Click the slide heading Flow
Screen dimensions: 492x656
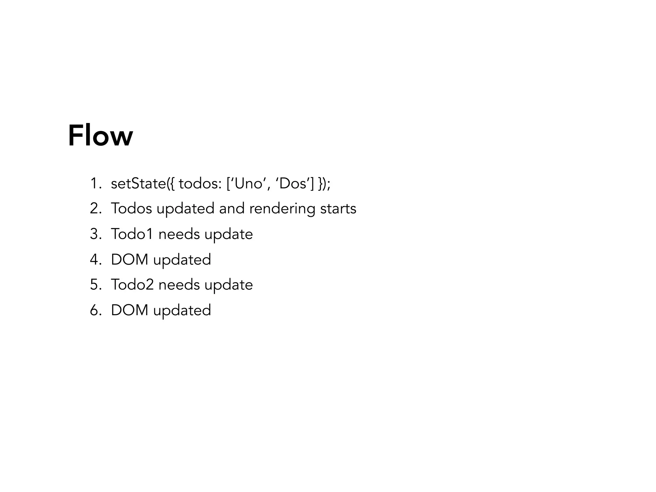(100, 136)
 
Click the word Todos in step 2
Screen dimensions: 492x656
(131, 209)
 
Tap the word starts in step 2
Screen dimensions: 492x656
(338, 209)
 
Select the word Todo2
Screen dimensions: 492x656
(132, 285)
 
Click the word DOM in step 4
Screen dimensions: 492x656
(129, 259)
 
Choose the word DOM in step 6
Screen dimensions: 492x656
(129, 310)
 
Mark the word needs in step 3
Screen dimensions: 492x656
(179, 234)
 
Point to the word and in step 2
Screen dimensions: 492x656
(232, 209)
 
